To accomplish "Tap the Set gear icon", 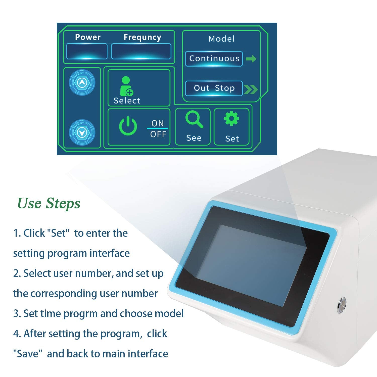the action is tap(231, 119).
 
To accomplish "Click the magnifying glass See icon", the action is tap(194, 120).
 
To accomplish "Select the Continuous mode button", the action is tap(214, 59).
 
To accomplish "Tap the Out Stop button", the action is tap(214, 88).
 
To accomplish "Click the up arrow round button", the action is tap(82, 82).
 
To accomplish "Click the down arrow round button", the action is tap(82, 132).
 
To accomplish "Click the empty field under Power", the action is tap(87, 51).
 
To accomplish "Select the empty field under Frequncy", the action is tap(141, 51).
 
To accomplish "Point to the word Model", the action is tap(221, 39).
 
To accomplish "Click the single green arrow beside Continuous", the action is tap(251, 59).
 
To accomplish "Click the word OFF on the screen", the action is tap(158, 134).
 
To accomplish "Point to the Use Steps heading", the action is tap(49, 203).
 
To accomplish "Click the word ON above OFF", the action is tap(158, 123).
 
